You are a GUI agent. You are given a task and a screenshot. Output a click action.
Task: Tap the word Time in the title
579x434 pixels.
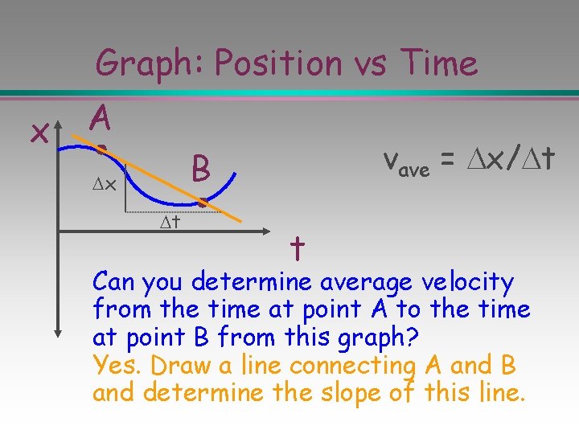click(x=438, y=63)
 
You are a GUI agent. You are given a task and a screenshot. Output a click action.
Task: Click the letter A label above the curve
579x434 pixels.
click(x=101, y=120)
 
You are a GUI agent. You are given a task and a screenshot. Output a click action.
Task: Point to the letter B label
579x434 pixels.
click(x=201, y=170)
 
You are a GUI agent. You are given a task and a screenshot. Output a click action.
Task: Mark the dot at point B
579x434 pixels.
click(x=203, y=205)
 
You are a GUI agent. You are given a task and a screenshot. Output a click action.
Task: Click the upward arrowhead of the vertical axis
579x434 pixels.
click(x=57, y=121)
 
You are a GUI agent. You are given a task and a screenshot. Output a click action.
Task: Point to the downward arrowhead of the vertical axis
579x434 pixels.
click(x=57, y=330)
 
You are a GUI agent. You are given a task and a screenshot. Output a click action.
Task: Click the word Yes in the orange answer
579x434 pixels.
click(x=116, y=366)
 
